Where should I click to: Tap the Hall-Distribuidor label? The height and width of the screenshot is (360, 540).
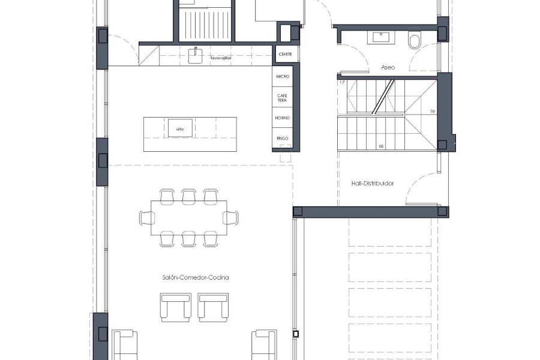372,184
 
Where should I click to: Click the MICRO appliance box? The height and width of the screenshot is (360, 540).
283,77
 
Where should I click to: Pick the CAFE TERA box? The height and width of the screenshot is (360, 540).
283,97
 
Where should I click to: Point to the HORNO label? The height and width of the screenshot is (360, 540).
283,118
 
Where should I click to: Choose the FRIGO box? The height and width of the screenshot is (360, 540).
283,138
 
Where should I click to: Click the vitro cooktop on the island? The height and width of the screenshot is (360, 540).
179,129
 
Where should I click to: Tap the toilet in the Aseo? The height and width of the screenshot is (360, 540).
414,41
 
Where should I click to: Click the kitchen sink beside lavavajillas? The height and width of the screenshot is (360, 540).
195,55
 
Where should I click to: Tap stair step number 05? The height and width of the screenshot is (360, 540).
381,146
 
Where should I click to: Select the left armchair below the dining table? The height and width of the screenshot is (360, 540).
175,307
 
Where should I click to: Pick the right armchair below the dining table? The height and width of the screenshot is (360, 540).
214,307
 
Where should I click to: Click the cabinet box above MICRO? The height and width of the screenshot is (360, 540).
285,55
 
